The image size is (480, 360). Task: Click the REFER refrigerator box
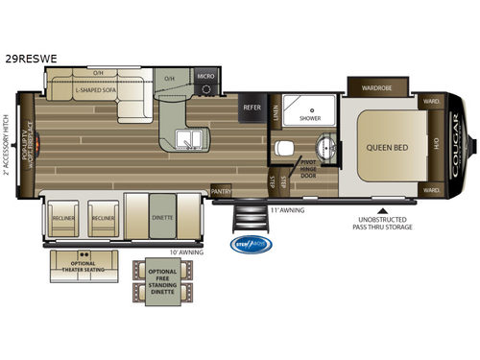pos(252,108)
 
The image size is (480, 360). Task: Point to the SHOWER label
pos(309,118)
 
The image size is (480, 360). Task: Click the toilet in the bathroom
pos(285,149)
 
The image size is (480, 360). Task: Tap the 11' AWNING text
pos(288,208)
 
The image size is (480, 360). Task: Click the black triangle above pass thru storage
pos(382,210)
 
